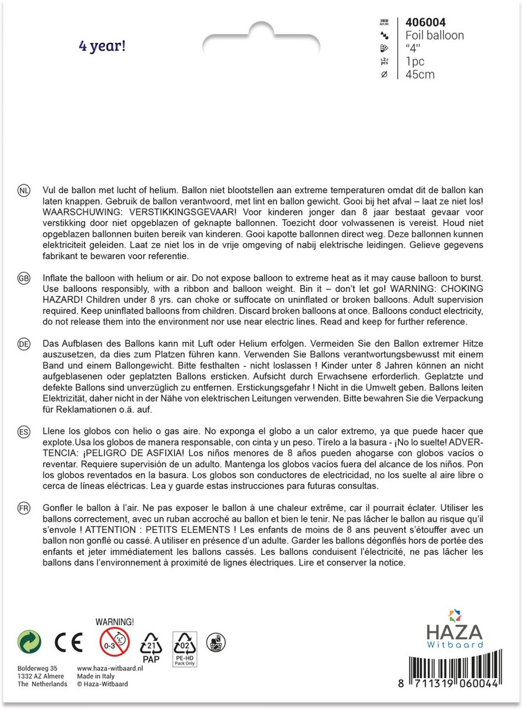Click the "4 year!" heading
tap(102, 46)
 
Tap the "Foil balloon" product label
tap(434, 35)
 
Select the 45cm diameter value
tap(420, 74)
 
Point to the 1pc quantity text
tap(415, 61)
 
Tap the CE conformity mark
tap(69, 642)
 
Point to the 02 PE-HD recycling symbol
tap(184, 648)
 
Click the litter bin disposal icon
tap(216, 642)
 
